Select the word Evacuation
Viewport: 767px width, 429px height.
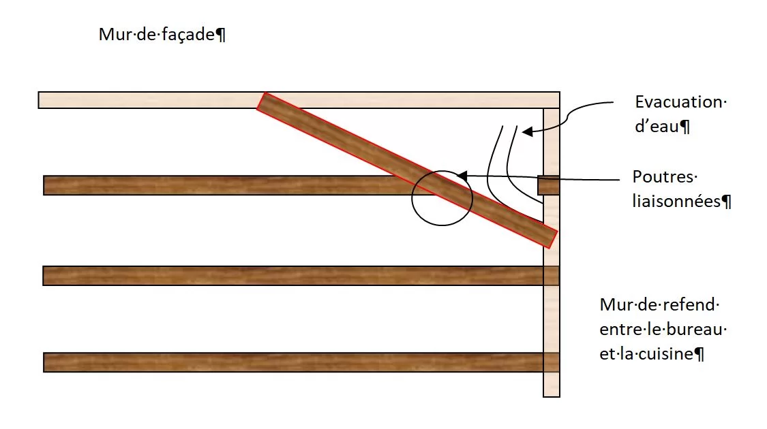(x=678, y=101)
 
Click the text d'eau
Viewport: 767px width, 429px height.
(x=657, y=126)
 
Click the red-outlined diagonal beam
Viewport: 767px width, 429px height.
(x=407, y=170)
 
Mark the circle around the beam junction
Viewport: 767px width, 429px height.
(x=442, y=198)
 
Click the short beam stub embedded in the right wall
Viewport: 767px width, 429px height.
(x=548, y=186)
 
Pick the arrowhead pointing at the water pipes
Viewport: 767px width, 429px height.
(x=527, y=131)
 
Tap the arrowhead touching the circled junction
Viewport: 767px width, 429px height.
(x=462, y=176)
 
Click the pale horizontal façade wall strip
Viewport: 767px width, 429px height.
(x=299, y=99)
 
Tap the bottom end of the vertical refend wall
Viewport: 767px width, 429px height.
(x=552, y=396)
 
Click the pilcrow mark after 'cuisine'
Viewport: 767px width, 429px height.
(x=700, y=353)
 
